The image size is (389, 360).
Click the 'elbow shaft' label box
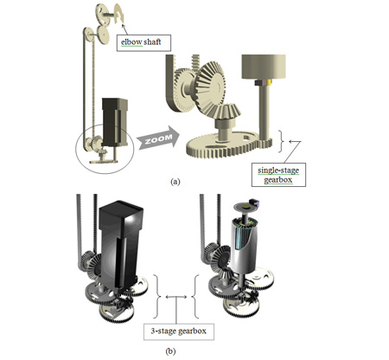(x=143, y=43)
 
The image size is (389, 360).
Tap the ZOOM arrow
(x=158, y=138)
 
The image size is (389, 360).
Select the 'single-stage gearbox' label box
(x=278, y=175)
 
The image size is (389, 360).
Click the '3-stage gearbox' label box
(x=179, y=331)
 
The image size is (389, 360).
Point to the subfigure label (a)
(x=175, y=182)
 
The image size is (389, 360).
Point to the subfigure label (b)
(x=170, y=351)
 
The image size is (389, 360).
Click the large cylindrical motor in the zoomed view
(x=264, y=67)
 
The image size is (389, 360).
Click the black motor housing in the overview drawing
(x=115, y=122)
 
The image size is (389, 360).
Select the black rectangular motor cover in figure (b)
(x=120, y=245)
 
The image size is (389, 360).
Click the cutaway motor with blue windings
(x=243, y=246)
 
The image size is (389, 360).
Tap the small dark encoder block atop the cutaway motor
(x=255, y=202)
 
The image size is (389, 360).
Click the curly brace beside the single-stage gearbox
(x=282, y=141)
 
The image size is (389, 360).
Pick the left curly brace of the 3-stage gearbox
(x=157, y=297)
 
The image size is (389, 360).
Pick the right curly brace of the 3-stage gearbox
(x=195, y=297)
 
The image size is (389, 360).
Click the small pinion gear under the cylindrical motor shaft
(x=265, y=143)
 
